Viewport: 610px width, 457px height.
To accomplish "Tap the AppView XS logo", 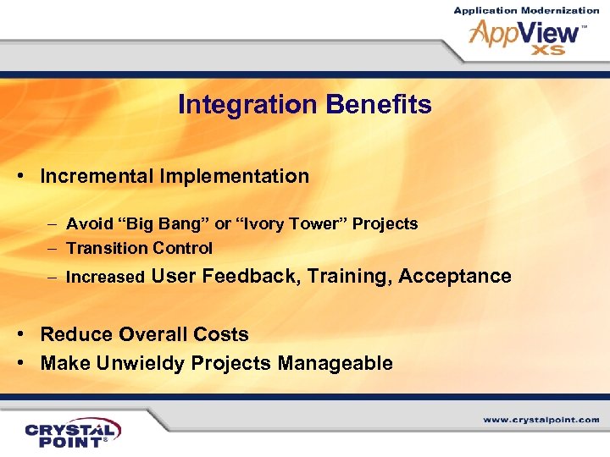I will (525, 37).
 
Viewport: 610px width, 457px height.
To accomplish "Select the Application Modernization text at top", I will (526, 10).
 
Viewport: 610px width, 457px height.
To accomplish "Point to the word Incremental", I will (97, 176).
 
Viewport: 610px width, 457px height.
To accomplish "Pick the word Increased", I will (105, 277).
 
